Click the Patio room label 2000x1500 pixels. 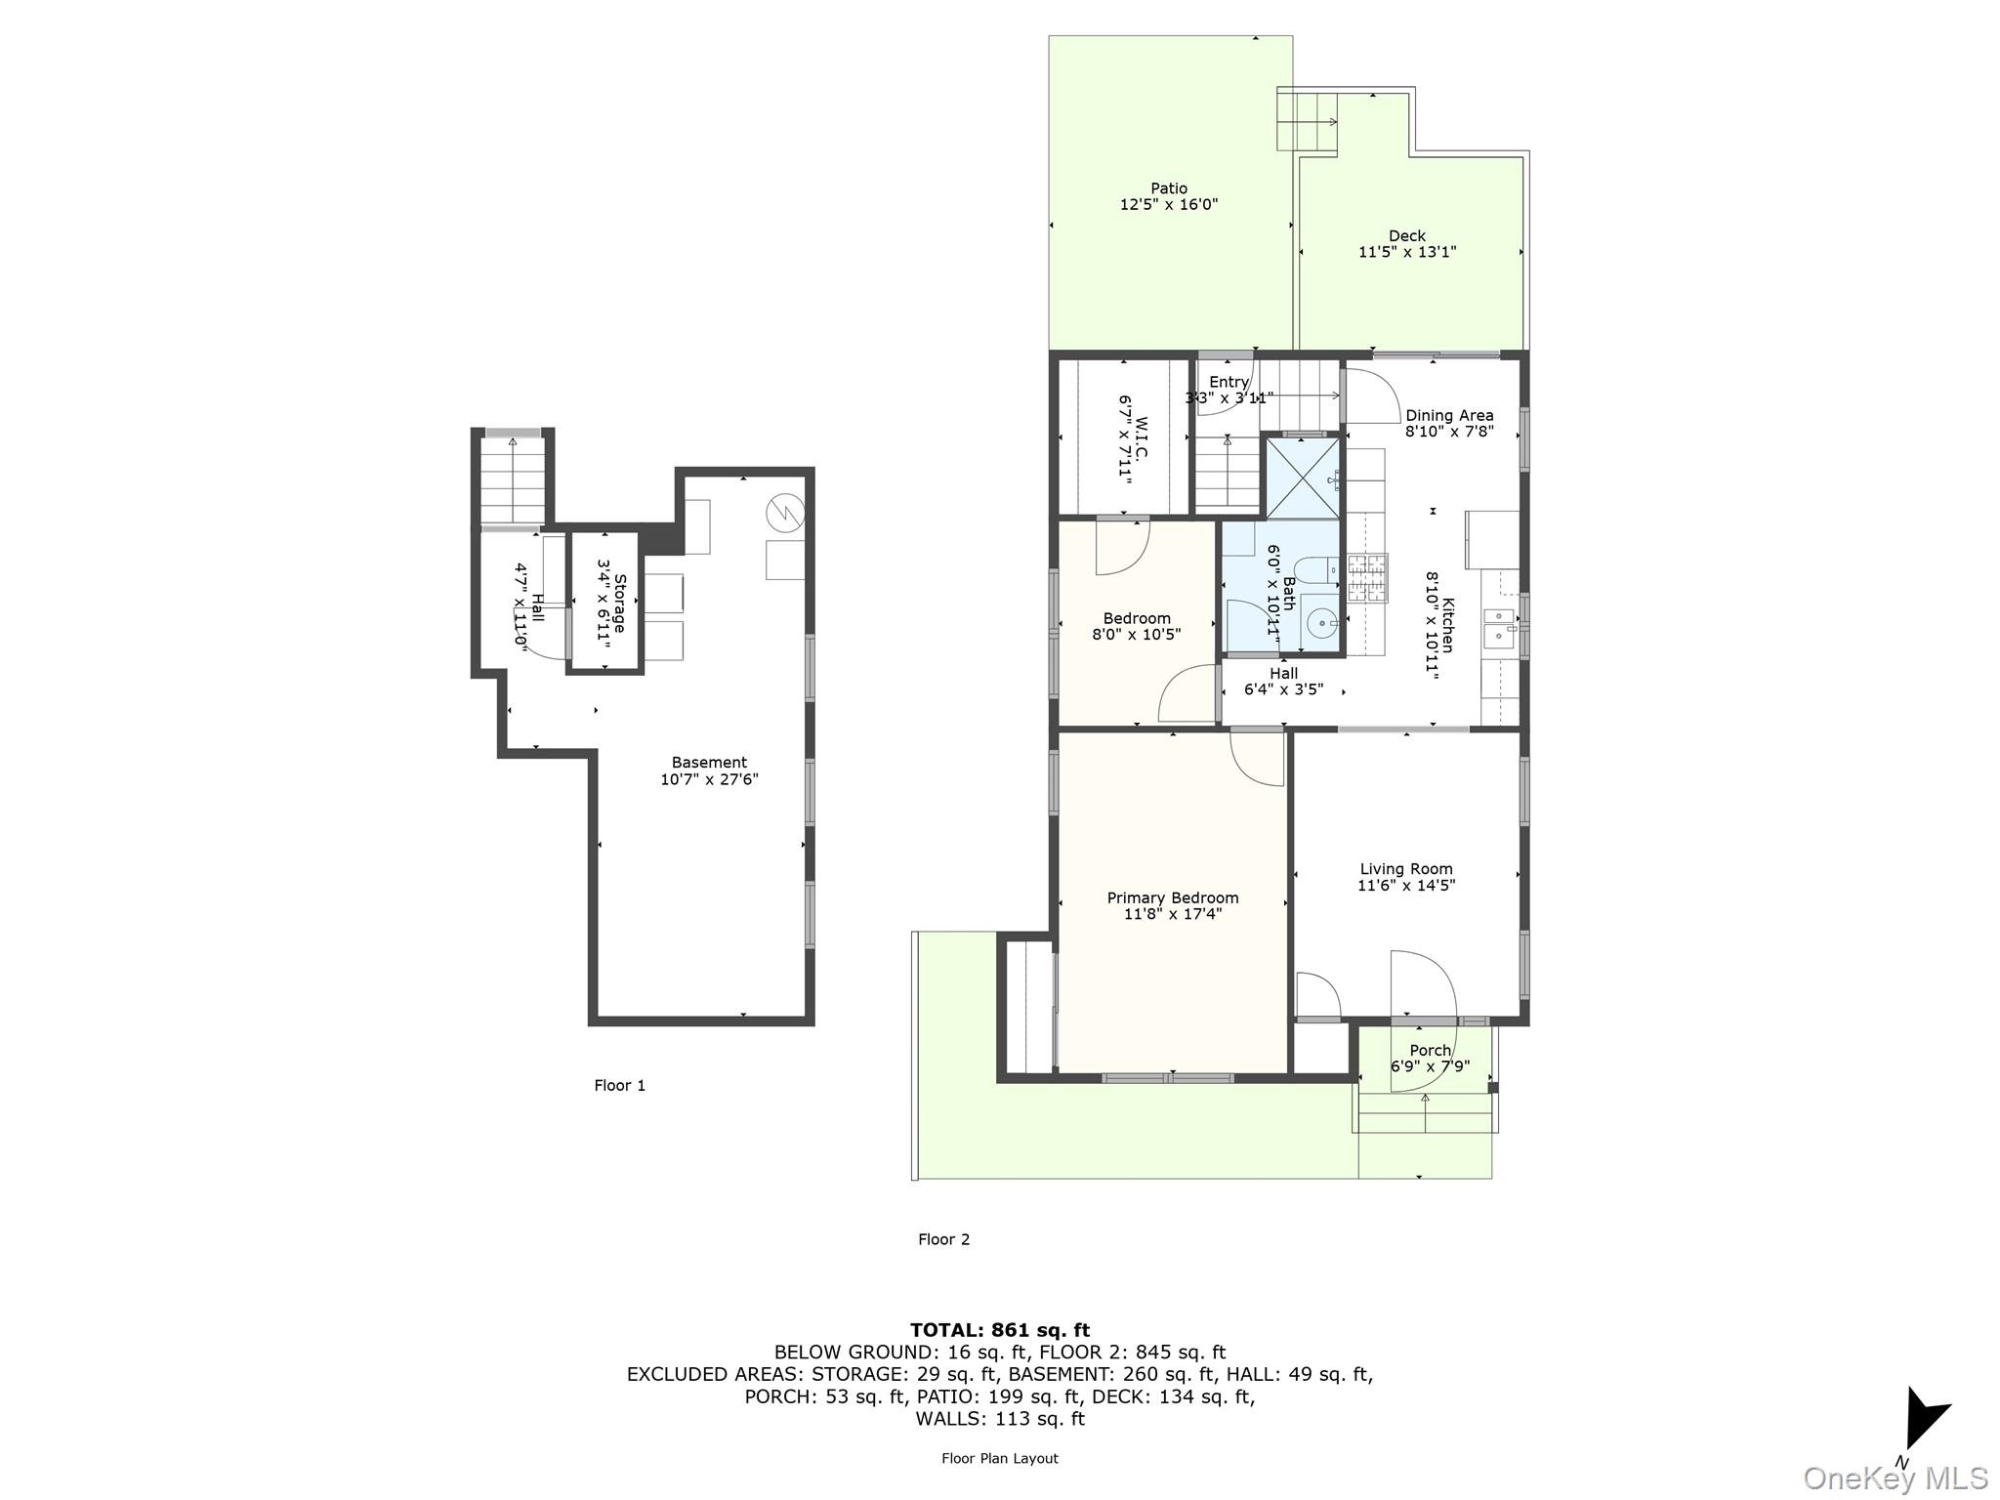1168,188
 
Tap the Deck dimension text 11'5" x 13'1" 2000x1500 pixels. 1406,252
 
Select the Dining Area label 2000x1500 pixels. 1448,415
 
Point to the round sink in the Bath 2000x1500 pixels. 1321,621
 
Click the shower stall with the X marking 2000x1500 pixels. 1303,479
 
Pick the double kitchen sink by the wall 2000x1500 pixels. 1499,627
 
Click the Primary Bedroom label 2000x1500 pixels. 1172,897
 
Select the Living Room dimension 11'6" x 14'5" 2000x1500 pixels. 1405,886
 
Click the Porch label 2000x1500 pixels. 1430,1051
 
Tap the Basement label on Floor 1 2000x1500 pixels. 709,763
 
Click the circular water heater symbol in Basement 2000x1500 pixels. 784,512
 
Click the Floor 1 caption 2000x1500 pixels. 619,1085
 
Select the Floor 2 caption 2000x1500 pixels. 943,1239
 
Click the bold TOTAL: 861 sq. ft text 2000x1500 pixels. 999,1329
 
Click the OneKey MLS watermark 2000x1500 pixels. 1895,1479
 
